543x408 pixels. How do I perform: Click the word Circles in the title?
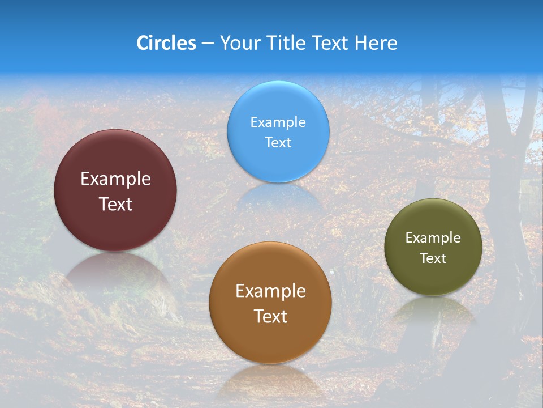pos(166,42)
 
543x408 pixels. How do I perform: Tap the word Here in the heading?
pos(376,42)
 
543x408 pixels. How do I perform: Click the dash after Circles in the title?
pos(208,43)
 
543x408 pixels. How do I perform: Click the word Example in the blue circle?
pos(278,122)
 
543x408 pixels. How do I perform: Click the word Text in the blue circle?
pos(278,142)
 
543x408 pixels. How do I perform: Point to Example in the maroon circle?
pos(115,179)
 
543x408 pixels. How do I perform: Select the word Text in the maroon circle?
pos(115,204)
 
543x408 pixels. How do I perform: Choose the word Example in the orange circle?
pos(270,291)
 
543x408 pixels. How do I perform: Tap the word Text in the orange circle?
pos(270,316)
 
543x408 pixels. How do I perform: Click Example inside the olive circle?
pos(433,238)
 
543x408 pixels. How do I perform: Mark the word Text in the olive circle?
pos(433,258)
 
